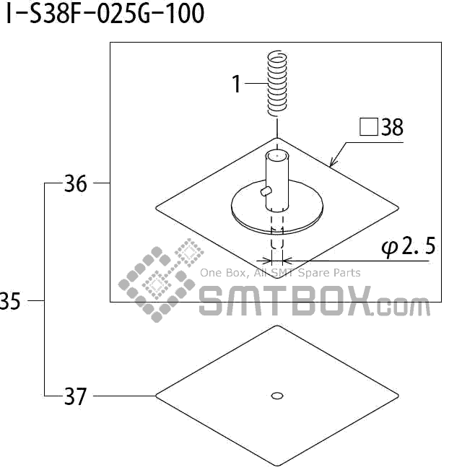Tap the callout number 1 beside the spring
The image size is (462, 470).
(236, 84)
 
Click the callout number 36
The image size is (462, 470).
(75, 184)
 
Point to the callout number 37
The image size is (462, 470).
(75, 396)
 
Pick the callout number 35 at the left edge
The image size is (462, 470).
(10, 301)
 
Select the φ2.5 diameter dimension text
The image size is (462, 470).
(408, 248)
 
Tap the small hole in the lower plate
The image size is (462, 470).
(276, 395)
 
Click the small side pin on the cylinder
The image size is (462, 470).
(265, 191)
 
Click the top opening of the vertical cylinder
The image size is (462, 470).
(276, 155)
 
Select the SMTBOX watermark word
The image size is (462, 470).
(286, 301)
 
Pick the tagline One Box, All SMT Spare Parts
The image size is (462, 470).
(280, 273)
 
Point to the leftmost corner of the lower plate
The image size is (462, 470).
(157, 396)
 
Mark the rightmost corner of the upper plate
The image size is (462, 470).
(398, 208)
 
